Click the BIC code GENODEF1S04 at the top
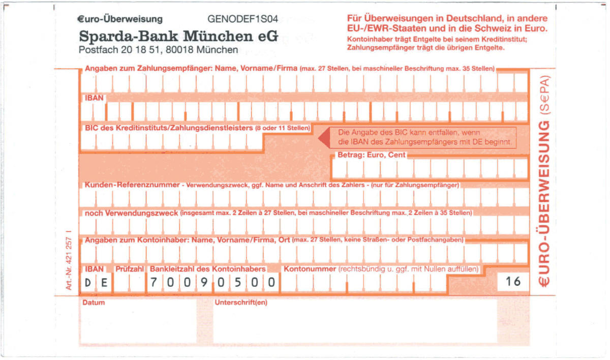pyautogui.click(x=242, y=19)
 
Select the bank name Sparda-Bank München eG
pyautogui.click(x=178, y=36)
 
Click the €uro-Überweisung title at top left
pyautogui.click(x=120, y=19)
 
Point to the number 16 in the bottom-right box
pyautogui.click(x=513, y=281)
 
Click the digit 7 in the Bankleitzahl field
pyautogui.click(x=154, y=282)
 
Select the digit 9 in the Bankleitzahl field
pyautogui.click(x=204, y=282)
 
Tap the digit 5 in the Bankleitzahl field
pyautogui.click(x=238, y=282)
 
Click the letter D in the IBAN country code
pyautogui.click(x=87, y=283)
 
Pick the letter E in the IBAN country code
pyautogui.click(x=104, y=283)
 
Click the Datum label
pyautogui.click(x=94, y=303)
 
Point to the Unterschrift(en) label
pyautogui.click(x=241, y=303)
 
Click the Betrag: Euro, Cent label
pyautogui.click(x=372, y=155)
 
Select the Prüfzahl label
pyautogui.click(x=129, y=269)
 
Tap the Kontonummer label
pyautogui.click(x=310, y=269)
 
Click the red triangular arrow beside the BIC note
pyautogui.click(x=325, y=138)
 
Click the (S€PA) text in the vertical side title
pyautogui.click(x=544, y=95)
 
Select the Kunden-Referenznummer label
pyautogui.click(x=132, y=185)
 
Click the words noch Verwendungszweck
pyautogui.click(x=131, y=213)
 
